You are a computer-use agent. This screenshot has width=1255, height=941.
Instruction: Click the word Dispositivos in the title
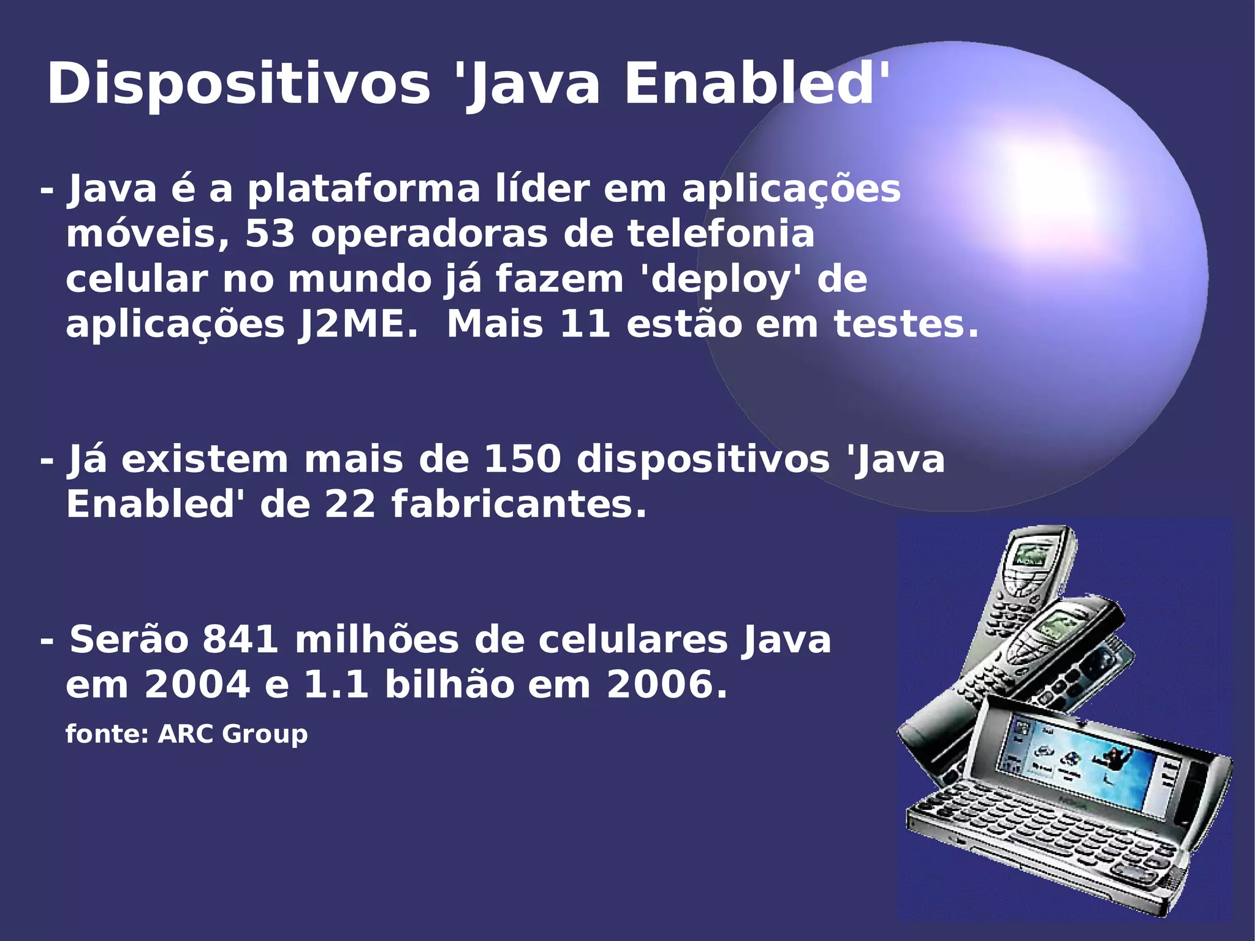tap(239, 85)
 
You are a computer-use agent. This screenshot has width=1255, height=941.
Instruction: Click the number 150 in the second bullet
tap(522, 459)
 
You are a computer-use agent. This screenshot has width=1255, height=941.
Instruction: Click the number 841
tap(241, 639)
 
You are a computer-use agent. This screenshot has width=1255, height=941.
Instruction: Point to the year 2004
tap(197, 684)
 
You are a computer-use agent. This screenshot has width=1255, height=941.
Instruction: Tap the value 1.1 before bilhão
tap(336, 684)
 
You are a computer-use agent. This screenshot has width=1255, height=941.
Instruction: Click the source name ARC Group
tap(233, 734)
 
